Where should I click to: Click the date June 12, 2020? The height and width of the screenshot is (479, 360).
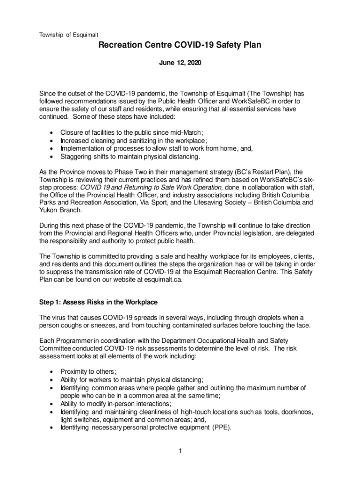(180, 62)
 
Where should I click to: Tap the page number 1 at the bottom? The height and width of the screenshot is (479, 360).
(180, 451)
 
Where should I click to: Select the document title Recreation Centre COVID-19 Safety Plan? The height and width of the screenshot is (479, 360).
(180, 45)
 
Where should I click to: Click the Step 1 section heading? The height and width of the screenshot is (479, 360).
(98, 302)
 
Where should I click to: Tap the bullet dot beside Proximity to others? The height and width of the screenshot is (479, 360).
(50, 371)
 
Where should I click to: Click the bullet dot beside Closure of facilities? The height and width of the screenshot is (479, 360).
(50, 132)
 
